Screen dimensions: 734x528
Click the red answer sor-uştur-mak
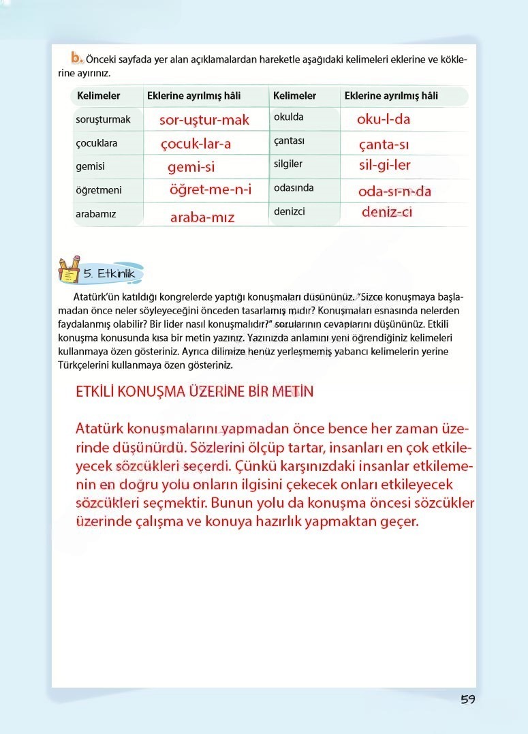pos(204,121)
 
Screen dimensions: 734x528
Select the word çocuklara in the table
pos(96,143)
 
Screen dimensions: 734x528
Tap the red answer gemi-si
pos(191,167)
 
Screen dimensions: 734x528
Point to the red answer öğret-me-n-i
pos(211,190)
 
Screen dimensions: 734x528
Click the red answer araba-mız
pos(202,217)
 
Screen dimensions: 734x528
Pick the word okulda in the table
pos(289,117)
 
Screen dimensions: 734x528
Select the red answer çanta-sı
pos(384,144)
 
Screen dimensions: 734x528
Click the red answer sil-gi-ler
pos(385,165)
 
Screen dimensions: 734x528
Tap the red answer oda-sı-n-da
pos(394,192)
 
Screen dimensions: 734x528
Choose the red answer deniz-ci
pos(387,212)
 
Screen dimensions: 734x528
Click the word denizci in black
pos(290,211)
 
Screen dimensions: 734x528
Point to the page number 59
pos(467,699)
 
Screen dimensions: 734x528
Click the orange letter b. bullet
pos(77,57)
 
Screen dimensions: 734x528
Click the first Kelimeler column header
pos(99,96)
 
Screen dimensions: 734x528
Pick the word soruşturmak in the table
pos(103,119)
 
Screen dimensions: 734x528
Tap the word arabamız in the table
pos(96,214)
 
